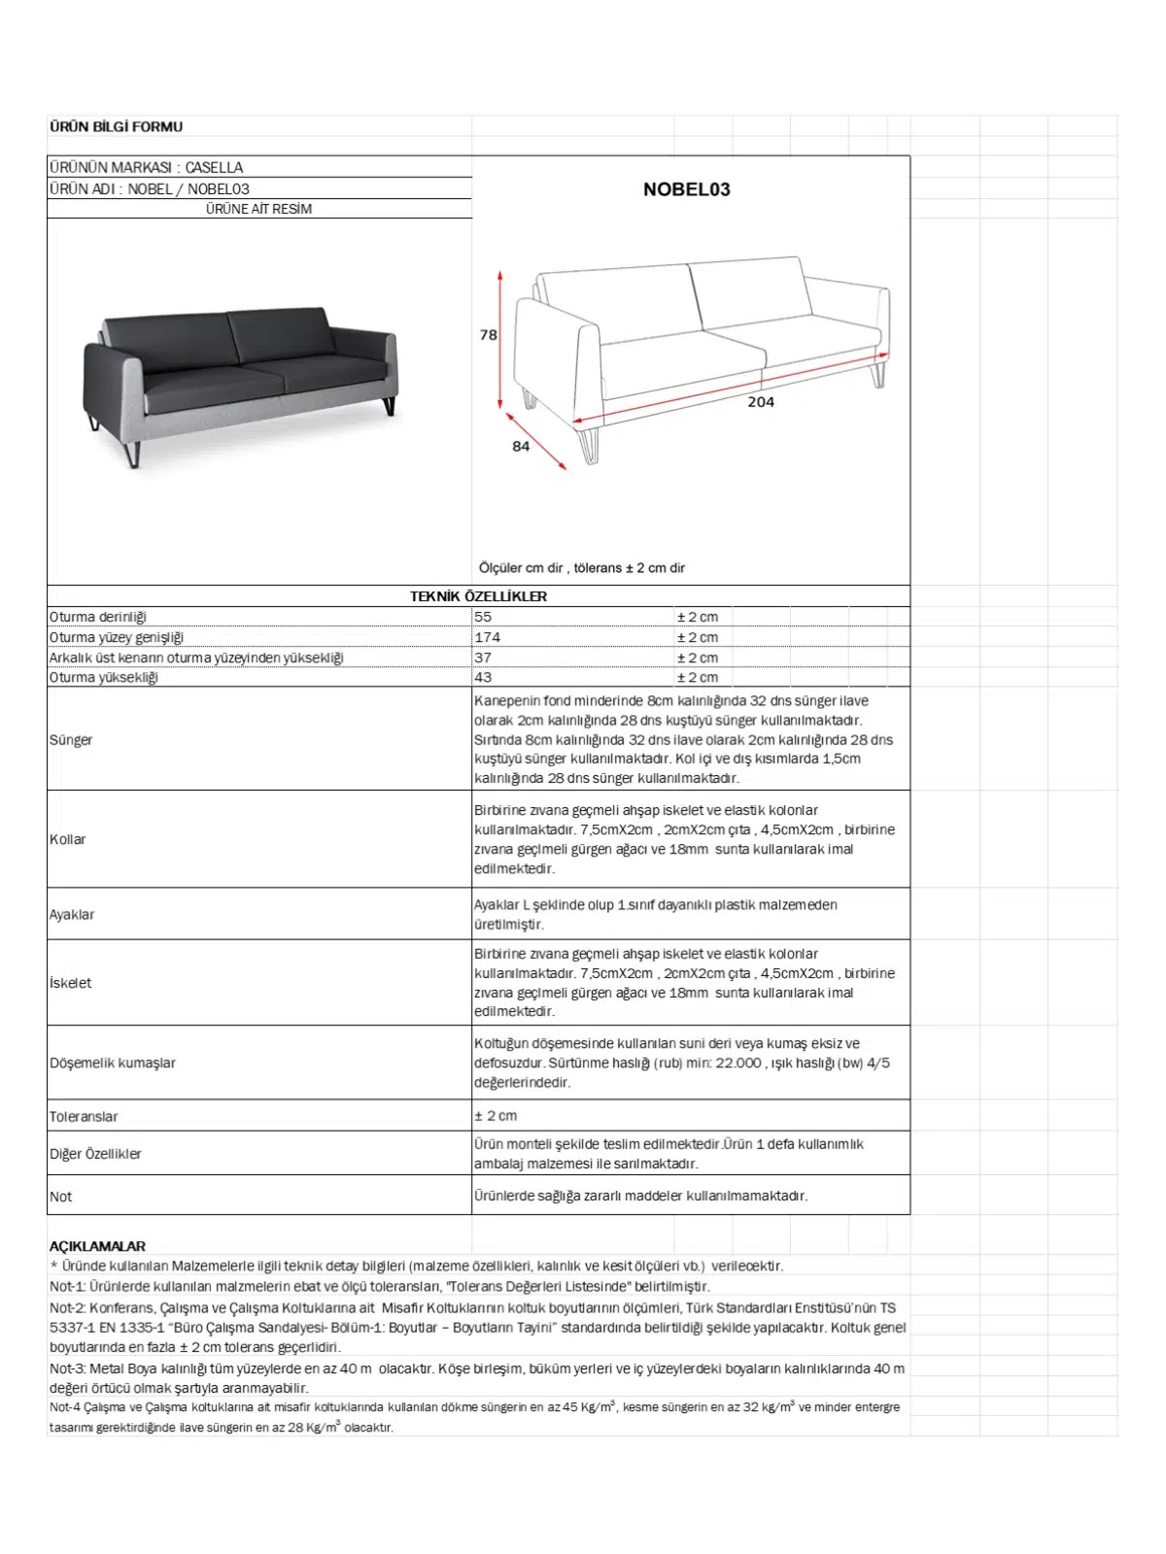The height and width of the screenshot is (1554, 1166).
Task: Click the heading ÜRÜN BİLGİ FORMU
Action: click(116, 126)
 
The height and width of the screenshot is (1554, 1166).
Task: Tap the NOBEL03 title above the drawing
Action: click(686, 189)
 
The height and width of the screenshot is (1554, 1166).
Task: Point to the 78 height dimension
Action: click(488, 335)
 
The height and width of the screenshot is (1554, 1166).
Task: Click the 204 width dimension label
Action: click(761, 402)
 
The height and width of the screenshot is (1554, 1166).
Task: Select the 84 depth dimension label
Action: click(521, 447)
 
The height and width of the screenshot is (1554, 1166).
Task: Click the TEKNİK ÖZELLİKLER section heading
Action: click(478, 596)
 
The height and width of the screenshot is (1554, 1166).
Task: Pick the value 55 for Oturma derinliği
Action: click(483, 617)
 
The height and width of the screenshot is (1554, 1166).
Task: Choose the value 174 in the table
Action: click(488, 637)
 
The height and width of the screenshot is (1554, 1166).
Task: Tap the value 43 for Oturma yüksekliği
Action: click(483, 678)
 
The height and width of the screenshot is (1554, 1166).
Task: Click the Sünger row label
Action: click(71, 740)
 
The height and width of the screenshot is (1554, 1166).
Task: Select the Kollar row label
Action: click(68, 839)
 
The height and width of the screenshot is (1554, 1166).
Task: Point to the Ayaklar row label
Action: click(72, 915)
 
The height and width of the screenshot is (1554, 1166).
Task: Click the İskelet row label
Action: click(71, 983)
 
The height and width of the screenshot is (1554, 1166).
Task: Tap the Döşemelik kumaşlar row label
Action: click(113, 1064)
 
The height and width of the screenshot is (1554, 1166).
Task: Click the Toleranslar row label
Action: click(84, 1117)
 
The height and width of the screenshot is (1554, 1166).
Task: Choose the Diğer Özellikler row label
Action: click(95, 1154)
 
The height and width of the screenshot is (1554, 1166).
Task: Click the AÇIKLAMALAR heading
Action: click(97, 1246)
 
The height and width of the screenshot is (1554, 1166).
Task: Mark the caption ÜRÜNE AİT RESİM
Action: click(258, 209)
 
